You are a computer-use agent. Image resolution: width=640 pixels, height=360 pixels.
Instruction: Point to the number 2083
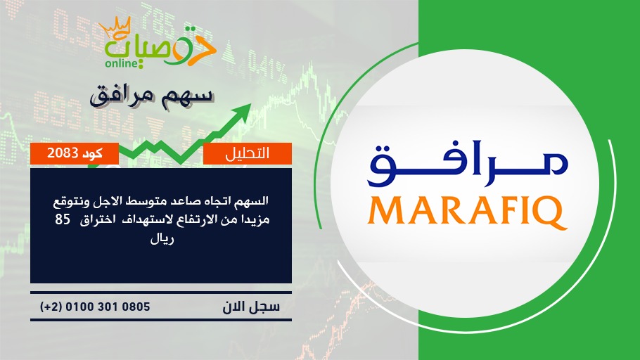pos(63,153)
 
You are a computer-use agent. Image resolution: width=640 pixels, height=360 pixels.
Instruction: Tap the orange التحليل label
pos(248,153)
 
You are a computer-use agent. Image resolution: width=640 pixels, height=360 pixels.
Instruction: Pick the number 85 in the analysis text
pos(63,219)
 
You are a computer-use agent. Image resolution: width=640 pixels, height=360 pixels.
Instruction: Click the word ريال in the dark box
pos(162,239)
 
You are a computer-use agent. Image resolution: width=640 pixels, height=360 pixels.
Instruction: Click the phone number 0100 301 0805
pos(108,307)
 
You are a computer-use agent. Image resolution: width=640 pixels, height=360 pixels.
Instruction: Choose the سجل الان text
pos(251,307)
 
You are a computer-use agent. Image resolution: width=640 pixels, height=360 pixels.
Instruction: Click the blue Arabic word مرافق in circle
pos(468,163)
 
